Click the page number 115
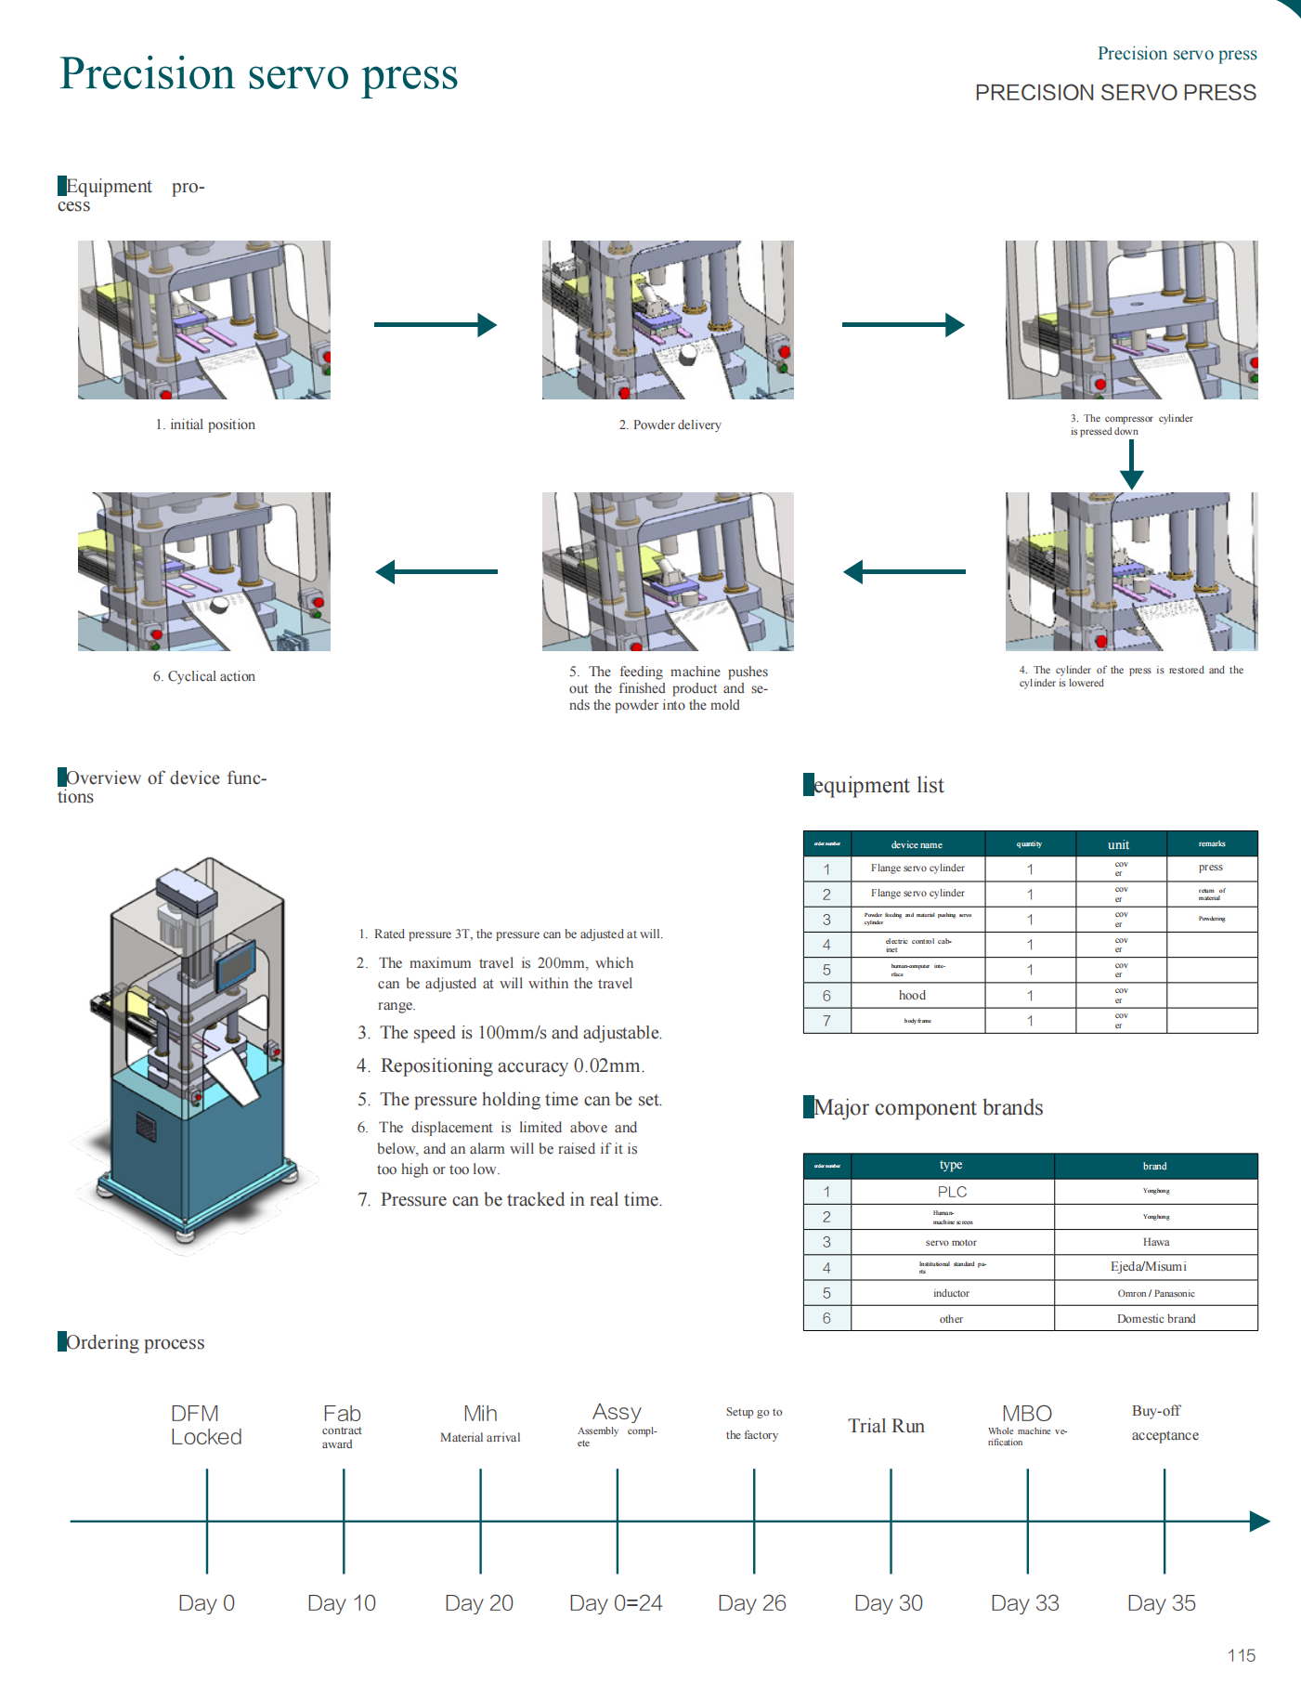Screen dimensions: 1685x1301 [1241, 1655]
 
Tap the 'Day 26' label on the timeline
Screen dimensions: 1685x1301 [751, 1603]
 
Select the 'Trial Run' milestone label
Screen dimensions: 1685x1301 [886, 1426]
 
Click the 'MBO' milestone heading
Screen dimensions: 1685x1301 [1026, 1414]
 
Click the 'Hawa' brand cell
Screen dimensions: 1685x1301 [1156, 1242]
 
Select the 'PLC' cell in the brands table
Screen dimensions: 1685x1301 [952, 1192]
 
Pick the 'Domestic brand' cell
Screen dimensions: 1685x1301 [1156, 1319]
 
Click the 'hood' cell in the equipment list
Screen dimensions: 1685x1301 [912, 996]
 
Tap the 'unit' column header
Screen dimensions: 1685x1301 [1118, 844]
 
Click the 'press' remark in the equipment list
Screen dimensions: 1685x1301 [1210, 867]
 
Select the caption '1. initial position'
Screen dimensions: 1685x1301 [205, 425]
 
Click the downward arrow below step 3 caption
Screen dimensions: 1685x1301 [1131, 464]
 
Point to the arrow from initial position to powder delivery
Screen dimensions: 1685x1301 [435, 324]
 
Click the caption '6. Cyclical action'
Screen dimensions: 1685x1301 [204, 676]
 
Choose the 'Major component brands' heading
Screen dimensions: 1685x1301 [928, 1107]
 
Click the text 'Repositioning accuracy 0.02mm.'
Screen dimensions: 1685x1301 [512, 1065]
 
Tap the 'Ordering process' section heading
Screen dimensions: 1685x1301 [135, 1342]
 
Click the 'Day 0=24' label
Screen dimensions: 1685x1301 [616, 1603]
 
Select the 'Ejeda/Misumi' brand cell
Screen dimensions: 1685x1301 [1148, 1267]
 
